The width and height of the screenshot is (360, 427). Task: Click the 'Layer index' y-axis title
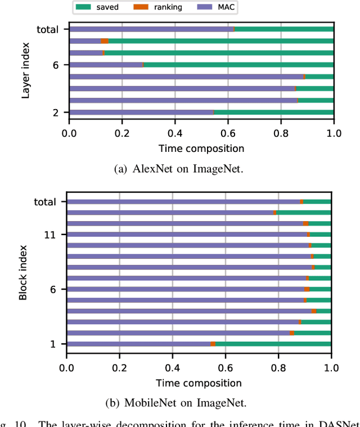click(25, 70)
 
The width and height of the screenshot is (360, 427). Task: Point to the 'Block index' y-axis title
click(23, 272)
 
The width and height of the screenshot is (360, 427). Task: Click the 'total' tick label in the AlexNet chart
click(47, 29)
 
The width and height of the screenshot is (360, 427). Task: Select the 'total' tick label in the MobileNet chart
click(44, 202)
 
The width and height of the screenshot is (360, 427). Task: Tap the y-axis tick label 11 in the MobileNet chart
click(49, 235)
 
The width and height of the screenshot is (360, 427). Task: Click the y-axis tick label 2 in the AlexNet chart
click(55, 113)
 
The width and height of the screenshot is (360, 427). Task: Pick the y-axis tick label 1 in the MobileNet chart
click(52, 344)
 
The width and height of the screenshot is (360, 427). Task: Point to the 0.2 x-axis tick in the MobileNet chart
click(119, 369)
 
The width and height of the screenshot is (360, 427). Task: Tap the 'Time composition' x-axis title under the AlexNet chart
click(201, 149)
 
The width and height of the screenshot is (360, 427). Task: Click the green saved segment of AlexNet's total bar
click(284, 29)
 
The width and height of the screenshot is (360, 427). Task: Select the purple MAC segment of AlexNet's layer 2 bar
click(141, 113)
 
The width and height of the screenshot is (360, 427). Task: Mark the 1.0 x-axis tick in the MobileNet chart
click(331, 369)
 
